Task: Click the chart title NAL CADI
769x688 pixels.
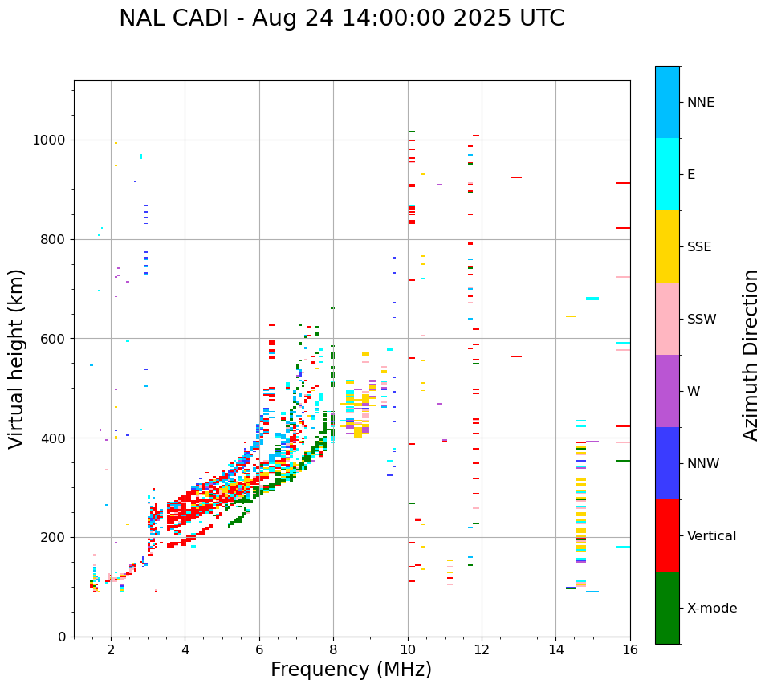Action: (341, 18)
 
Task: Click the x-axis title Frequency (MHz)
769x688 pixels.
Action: (351, 670)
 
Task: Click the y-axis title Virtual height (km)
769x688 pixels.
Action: (17, 359)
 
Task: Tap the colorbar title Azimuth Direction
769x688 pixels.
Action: (751, 355)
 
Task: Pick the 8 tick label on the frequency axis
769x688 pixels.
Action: (333, 649)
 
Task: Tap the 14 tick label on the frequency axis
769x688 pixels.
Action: (555, 649)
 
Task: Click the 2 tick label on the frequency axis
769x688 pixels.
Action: (111, 649)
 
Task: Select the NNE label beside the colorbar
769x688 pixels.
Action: (700, 103)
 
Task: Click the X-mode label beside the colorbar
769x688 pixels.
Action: (712, 609)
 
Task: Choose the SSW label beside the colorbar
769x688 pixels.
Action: (702, 320)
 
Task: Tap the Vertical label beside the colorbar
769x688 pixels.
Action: (711, 536)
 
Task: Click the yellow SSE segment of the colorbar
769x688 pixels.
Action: (667, 246)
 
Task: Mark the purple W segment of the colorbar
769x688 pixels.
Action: (667, 391)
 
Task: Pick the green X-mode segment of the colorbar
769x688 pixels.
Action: (667, 608)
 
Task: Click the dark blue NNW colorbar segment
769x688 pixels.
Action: (667, 463)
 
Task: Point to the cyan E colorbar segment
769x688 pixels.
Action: (667, 174)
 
